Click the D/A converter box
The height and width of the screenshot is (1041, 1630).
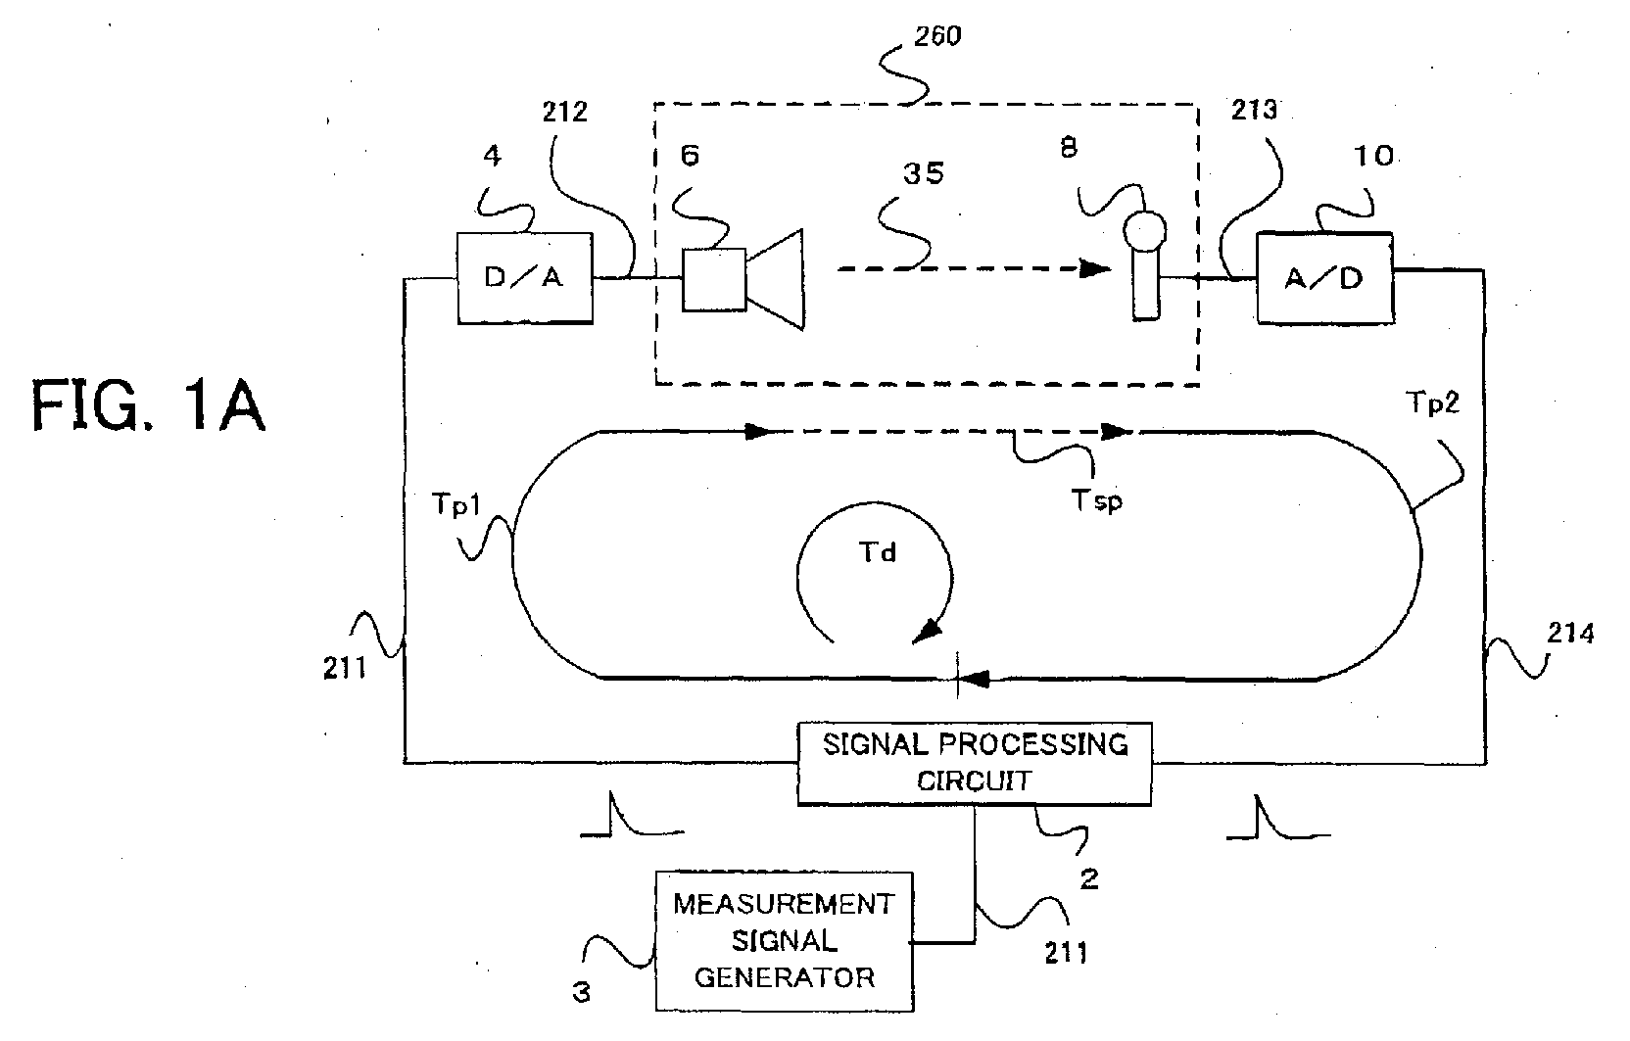click(x=525, y=278)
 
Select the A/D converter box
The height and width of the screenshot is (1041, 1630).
click(x=1325, y=278)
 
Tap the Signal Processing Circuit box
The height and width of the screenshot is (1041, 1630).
click(x=975, y=763)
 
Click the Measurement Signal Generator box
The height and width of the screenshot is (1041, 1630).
click(x=785, y=940)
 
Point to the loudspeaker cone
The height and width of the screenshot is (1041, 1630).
click(x=775, y=280)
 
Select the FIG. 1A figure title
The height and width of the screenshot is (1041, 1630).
click(x=149, y=406)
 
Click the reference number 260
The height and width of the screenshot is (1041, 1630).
click(x=937, y=36)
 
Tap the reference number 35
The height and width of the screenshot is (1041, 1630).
click(x=924, y=173)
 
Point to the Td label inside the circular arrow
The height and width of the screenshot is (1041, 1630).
click(x=878, y=553)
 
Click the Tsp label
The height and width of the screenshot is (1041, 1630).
click(x=1096, y=500)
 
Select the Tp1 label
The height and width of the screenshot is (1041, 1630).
click(x=456, y=504)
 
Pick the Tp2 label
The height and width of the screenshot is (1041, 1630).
click(x=1432, y=402)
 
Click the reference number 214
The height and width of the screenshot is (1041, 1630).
click(x=1570, y=633)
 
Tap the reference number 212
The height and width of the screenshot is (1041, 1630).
click(x=564, y=112)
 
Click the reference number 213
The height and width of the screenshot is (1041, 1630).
click(x=1254, y=110)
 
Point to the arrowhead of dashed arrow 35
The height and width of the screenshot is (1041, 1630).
click(x=1095, y=269)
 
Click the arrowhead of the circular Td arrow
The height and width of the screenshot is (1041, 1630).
click(x=927, y=631)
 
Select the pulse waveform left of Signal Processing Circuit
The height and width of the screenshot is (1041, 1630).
click(x=632, y=815)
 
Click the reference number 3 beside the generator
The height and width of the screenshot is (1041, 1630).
click(x=581, y=992)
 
